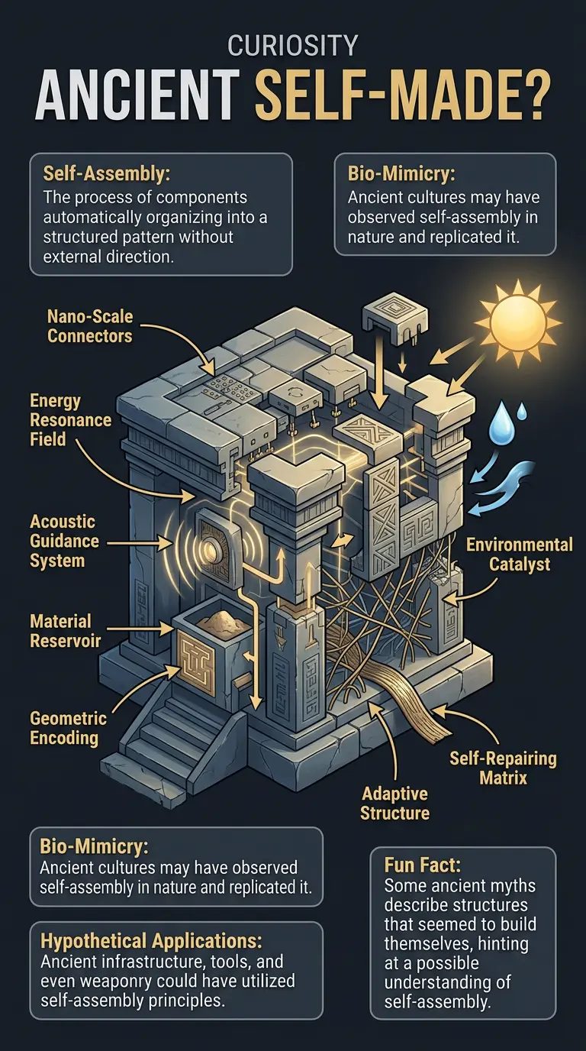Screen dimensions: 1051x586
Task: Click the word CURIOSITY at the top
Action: click(292, 47)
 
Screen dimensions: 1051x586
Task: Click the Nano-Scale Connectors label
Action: click(89, 326)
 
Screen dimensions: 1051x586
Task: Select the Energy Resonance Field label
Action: click(70, 420)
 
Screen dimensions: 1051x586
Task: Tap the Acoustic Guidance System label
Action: click(64, 541)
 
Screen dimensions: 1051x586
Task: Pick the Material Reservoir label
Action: click(65, 630)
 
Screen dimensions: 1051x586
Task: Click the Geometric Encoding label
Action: click(68, 727)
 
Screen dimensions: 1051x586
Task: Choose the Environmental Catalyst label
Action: click(519, 555)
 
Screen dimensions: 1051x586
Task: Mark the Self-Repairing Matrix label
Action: click(502, 768)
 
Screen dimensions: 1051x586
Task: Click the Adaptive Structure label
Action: click(394, 803)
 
